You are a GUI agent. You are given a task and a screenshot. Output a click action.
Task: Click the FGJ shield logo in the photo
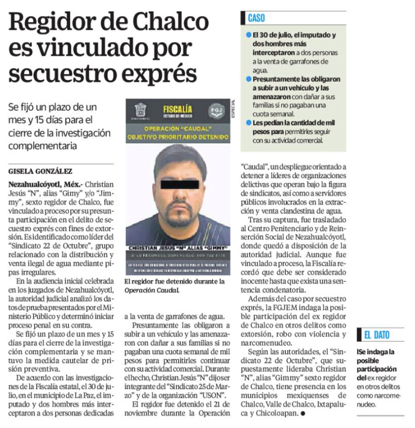216,111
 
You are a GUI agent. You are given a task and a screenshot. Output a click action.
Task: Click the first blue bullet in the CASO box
249,35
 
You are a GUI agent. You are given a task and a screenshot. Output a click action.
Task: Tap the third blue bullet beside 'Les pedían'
249,123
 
